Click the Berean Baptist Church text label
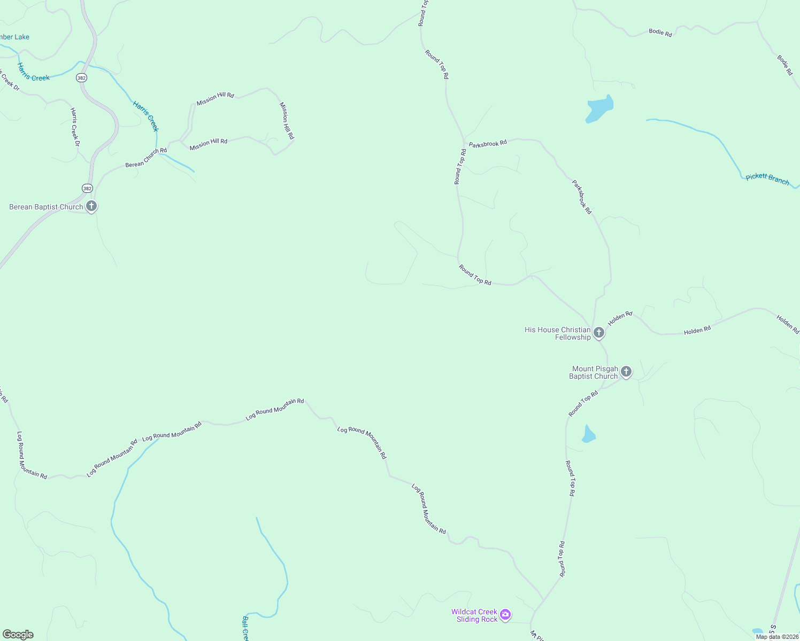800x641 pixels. pyautogui.click(x=46, y=207)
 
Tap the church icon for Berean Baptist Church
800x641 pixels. pyautogui.click(x=91, y=206)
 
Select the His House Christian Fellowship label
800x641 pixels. pyautogui.click(x=557, y=333)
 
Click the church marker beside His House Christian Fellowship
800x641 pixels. pyautogui.click(x=599, y=332)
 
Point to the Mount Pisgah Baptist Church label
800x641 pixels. pyautogui.click(x=594, y=372)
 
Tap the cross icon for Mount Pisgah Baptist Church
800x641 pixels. pyautogui.click(x=626, y=371)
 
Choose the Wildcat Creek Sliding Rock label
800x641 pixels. pyautogui.click(x=474, y=615)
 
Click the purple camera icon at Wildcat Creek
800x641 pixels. pyautogui.click(x=505, y=615)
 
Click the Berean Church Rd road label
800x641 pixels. pyautogui.click(x=146, y=158)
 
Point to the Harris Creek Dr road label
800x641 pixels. pyautogui.click(x=75, y=127)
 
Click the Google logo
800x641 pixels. pyautogui.click(x=18, y=635)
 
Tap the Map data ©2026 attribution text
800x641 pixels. pyautogui.click(x=776, y=637)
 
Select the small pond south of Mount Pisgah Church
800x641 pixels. pyautogui.click(x=588, y=434)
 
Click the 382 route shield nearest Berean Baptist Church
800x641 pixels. pyautogui.click(x=87, y=188)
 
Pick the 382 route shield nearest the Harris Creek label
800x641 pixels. pyautogui.click(x=81, y=77)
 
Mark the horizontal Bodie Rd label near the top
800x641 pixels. pyautogui.click(x=660, y=33)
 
